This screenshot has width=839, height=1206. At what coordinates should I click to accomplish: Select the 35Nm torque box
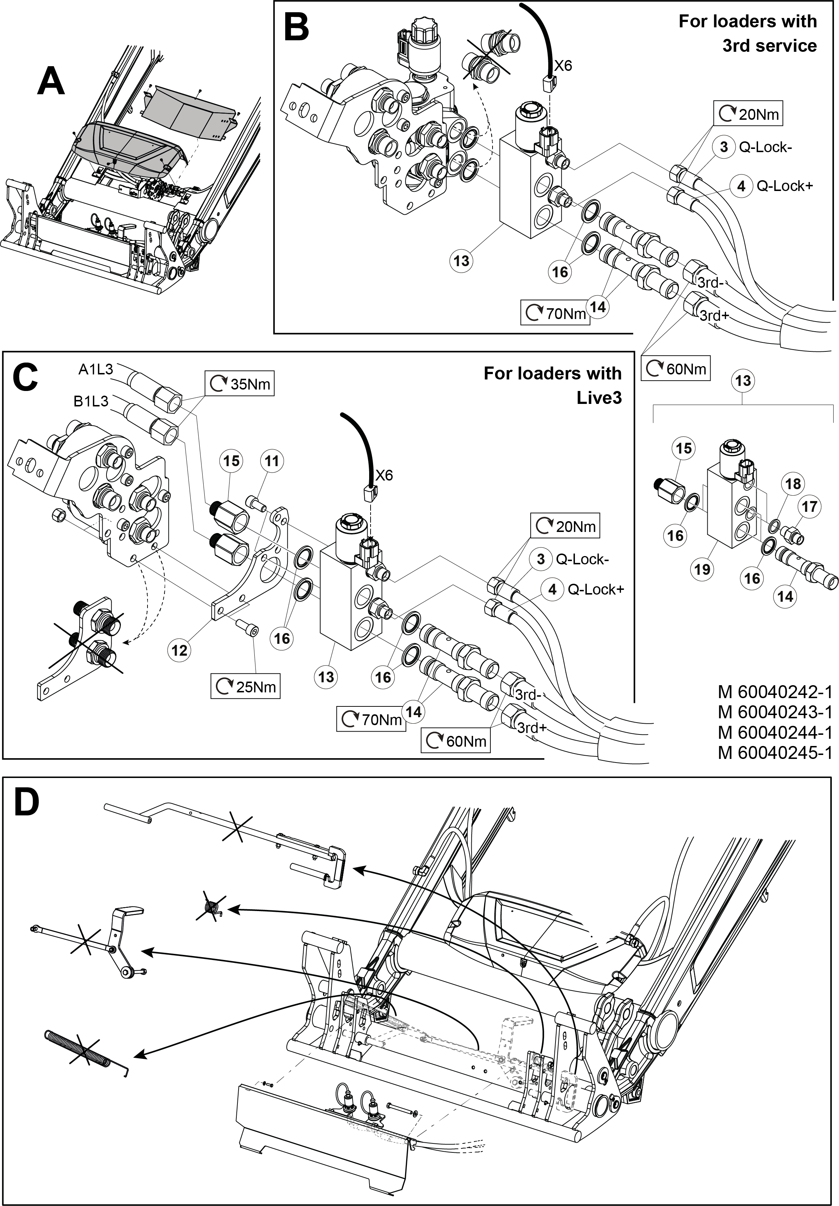(240, 384)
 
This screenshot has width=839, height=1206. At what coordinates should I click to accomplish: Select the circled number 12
(179, 650)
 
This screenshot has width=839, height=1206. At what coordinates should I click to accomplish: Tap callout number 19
(702, 569)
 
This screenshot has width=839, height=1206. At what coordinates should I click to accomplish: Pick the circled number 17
(809, 506)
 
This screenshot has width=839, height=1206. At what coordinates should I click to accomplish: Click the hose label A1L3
(96, 370)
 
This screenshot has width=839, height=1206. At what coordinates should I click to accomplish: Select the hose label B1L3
(91, 401)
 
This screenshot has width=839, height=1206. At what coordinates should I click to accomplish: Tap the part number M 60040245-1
(775, 753)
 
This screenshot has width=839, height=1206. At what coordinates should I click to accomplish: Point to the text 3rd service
(769, 46)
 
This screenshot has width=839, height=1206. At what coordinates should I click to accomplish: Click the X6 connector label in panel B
(563, 66)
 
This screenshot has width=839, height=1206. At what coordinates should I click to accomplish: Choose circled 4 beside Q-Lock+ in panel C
(552, 590)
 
